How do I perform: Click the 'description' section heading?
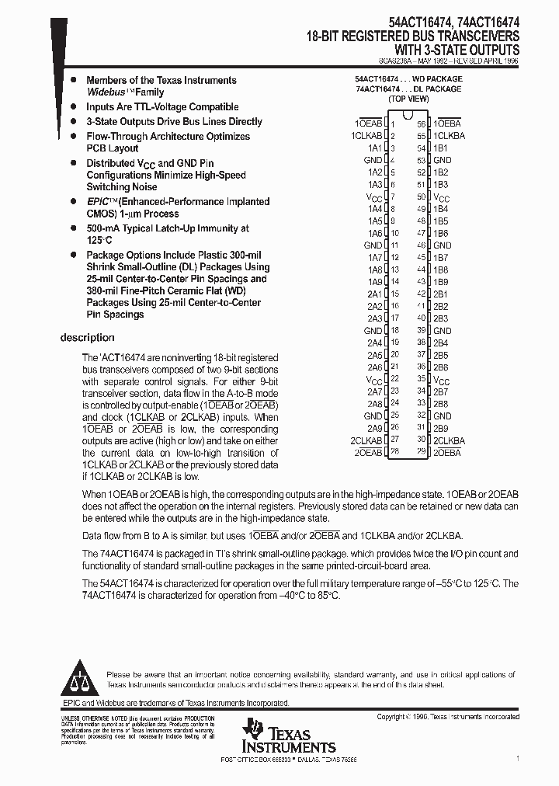[87, 338]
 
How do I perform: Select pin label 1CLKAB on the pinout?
[366, 136]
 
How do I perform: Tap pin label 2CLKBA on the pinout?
[450, 440]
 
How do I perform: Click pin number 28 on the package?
[395, 452]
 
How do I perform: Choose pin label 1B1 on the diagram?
[440, 148]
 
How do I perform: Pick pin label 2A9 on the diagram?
[374, 428]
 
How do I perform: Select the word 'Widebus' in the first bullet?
[107, 92]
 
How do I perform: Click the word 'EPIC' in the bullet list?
[99, 202]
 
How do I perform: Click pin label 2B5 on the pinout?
[440, 355]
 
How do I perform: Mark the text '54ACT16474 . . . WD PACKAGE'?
[408, 79]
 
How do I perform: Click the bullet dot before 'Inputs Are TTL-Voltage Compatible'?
[73, 107]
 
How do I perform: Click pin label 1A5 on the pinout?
[374, 221]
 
